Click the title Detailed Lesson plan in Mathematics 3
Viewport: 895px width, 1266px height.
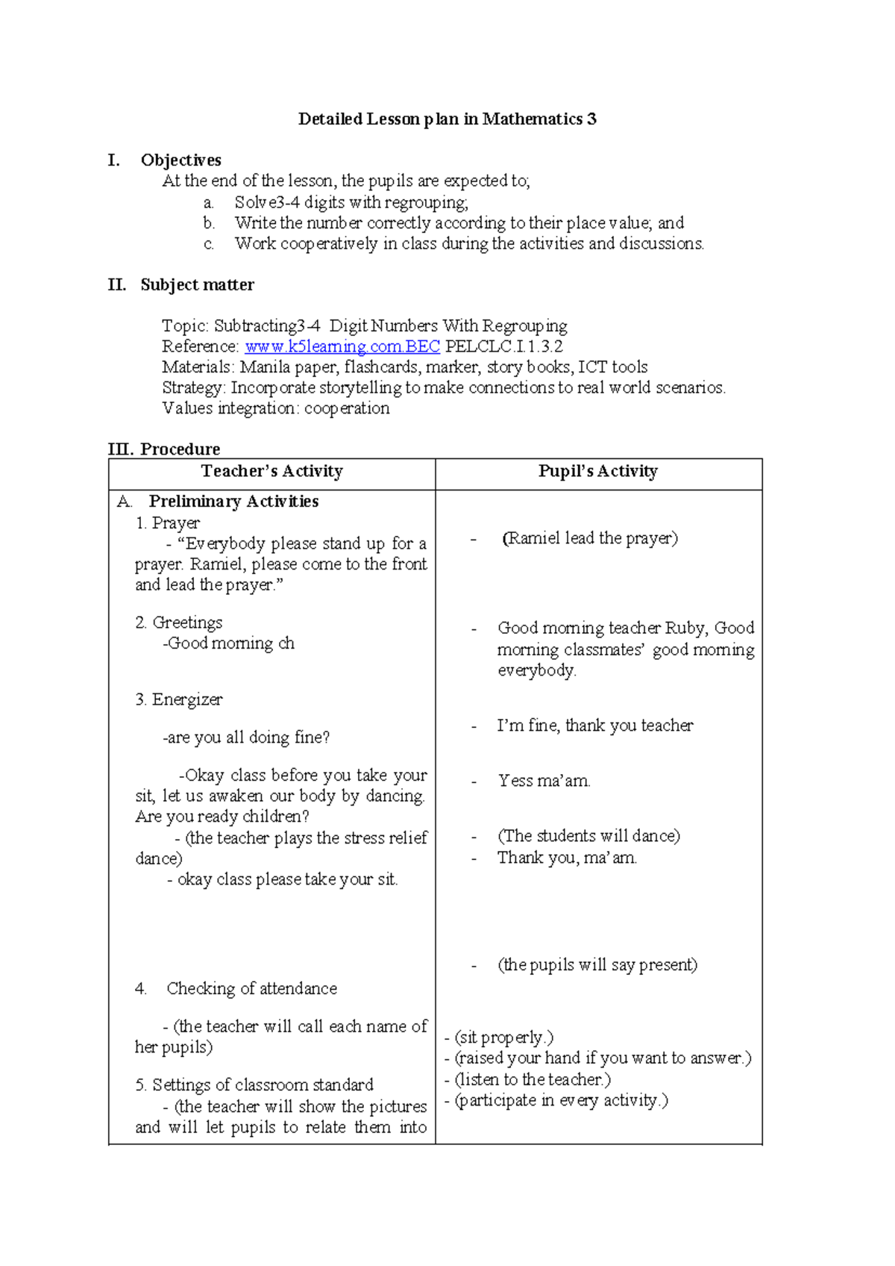click(447, 119)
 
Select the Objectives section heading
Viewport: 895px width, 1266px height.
click(180, 160)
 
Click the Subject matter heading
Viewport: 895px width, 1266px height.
click(197, 285)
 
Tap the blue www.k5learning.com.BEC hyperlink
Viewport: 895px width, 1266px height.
click(342, 347)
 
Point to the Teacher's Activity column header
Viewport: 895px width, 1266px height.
click(271, 472)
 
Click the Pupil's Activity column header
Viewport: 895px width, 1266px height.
click(598, 472)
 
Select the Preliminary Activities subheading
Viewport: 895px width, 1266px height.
click(233, 502)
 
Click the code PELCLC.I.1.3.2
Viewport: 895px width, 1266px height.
click(504, 347)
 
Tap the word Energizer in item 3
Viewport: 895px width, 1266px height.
click(187, 700)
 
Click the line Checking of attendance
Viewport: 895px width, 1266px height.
click(251, 989)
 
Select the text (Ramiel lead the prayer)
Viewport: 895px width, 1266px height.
click(590, 539)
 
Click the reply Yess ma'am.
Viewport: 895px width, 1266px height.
click(544, 782)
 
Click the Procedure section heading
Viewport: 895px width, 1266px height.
click(180, 449)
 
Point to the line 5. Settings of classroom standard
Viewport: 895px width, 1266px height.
click(254, 1085)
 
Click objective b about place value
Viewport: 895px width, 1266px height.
click(459, 223)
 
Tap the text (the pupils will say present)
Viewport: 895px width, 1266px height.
click(597, 965)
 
